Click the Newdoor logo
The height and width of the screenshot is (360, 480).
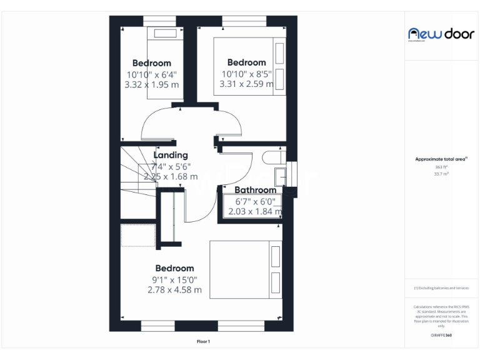point(441,34)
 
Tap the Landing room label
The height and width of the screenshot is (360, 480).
point(171,155)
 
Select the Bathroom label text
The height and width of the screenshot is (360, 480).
point(255,190)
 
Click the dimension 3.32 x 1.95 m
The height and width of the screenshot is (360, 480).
point(152,84)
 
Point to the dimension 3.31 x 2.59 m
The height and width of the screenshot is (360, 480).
point(247,83)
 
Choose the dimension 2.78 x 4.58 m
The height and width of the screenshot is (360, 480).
point(174,290)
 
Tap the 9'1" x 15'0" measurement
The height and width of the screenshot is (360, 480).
point(174,279)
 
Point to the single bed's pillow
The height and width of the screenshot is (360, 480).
point(166,34)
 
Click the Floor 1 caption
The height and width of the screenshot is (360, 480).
point(203,342)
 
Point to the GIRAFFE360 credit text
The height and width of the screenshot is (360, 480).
point(441,336)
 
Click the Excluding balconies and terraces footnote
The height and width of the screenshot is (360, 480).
point(441,288)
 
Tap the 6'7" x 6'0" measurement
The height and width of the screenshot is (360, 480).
point(254,201)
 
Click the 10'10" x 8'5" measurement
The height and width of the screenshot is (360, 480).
point(247,73)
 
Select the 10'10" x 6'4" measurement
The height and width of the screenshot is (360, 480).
point(152,74)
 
